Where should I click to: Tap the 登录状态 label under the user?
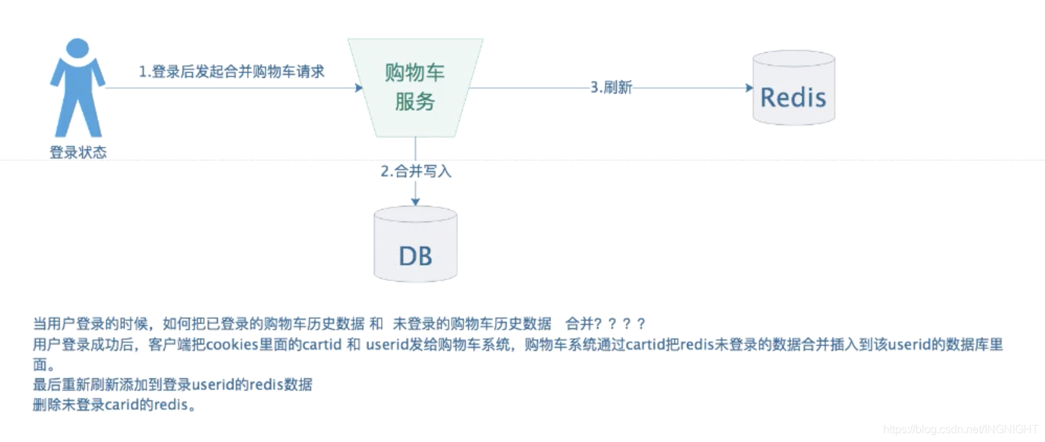tap(77, 153)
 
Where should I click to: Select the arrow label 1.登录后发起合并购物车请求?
tap(232, 72)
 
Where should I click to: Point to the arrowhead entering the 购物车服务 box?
tap(359, 88)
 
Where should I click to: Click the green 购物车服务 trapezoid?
tap(415, 88)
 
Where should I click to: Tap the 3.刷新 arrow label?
tap(611, 88)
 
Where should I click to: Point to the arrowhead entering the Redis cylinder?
tap(749, 88)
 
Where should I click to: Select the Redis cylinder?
tap(793, 88)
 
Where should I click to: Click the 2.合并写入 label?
tap(416, 172)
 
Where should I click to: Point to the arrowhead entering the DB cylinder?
tap(415, 202)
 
